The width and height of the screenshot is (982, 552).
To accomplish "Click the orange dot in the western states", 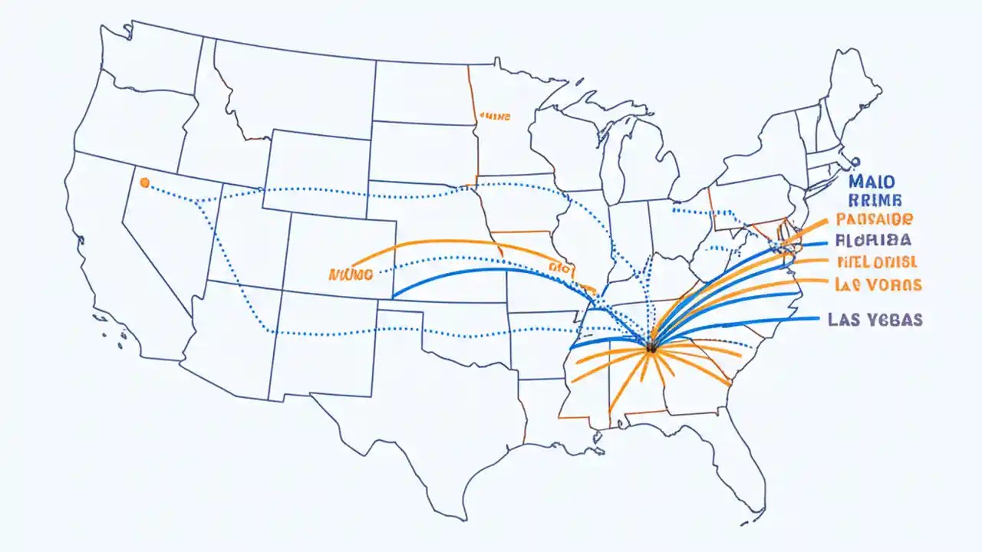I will [x=144, y=182].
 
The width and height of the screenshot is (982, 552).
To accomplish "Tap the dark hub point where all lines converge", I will [x=651, y=347].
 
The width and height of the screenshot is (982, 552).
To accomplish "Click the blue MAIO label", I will [x=872, y=182].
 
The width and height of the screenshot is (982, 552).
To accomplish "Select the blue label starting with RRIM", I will [x=872, y=201].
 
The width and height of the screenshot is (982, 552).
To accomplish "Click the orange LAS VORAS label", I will [x=878, y=284].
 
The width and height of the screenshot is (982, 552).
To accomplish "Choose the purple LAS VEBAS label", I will [x=875, y=320].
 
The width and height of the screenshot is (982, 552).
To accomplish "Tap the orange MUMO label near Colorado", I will [x=350, y=273].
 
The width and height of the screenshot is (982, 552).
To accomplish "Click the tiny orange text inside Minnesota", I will [x=495, y=117].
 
